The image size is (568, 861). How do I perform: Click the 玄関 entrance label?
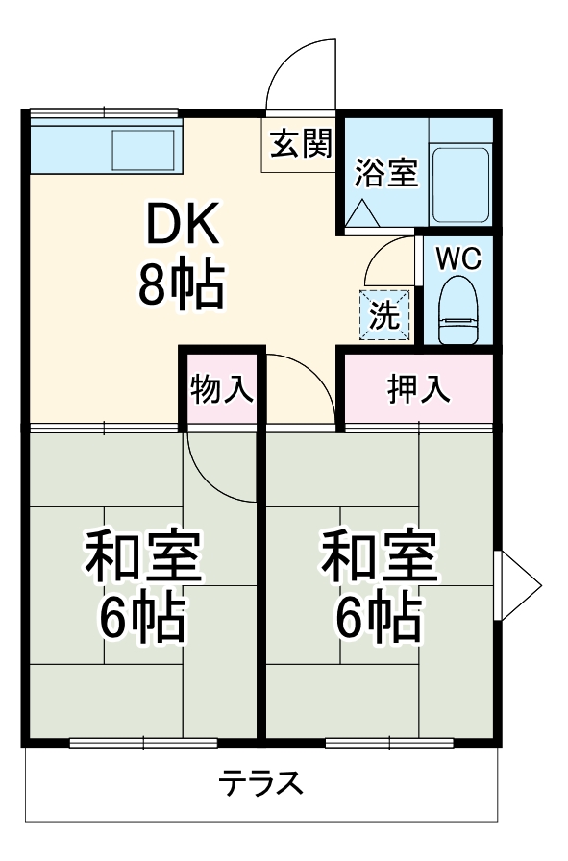[x=300, y=145]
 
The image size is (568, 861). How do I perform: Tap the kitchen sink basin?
[x=143, y=150]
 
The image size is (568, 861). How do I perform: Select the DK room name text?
[x=183, y=228]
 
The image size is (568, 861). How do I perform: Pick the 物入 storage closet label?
[x=222, y=390]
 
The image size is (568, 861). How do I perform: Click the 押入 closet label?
[x=418, y=390]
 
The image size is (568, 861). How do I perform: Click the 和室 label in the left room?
[x=144, y=561]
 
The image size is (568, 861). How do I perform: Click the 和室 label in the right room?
[x=379, y=561]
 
